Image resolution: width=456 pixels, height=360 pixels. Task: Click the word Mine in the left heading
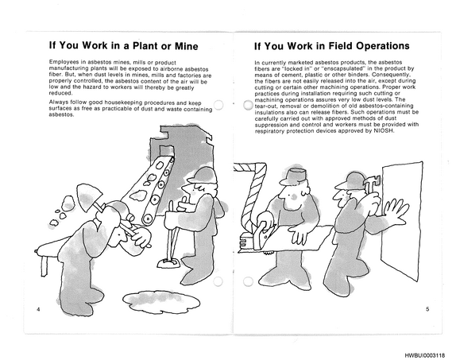187,46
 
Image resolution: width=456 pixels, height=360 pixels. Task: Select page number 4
38,309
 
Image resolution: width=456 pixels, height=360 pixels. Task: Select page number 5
427,309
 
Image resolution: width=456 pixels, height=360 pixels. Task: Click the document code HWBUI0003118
424,355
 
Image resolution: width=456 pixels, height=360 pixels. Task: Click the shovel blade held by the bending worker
89,195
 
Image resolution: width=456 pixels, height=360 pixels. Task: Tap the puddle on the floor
161,301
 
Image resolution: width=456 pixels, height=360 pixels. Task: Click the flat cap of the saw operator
292,176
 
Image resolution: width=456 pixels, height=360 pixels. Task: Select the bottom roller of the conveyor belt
148,219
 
